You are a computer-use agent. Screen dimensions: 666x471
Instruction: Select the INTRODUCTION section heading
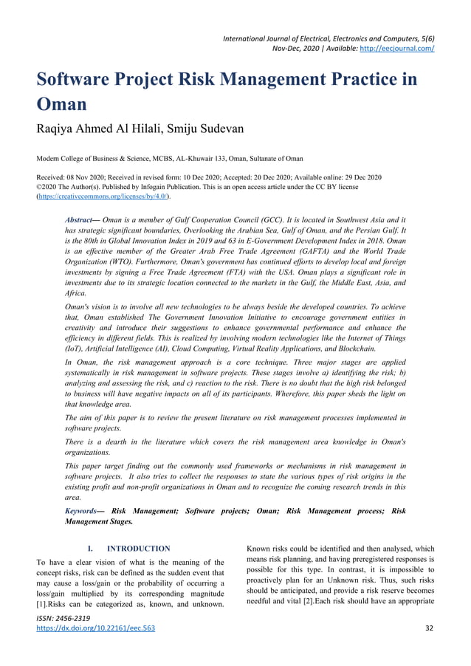[139, 549]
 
